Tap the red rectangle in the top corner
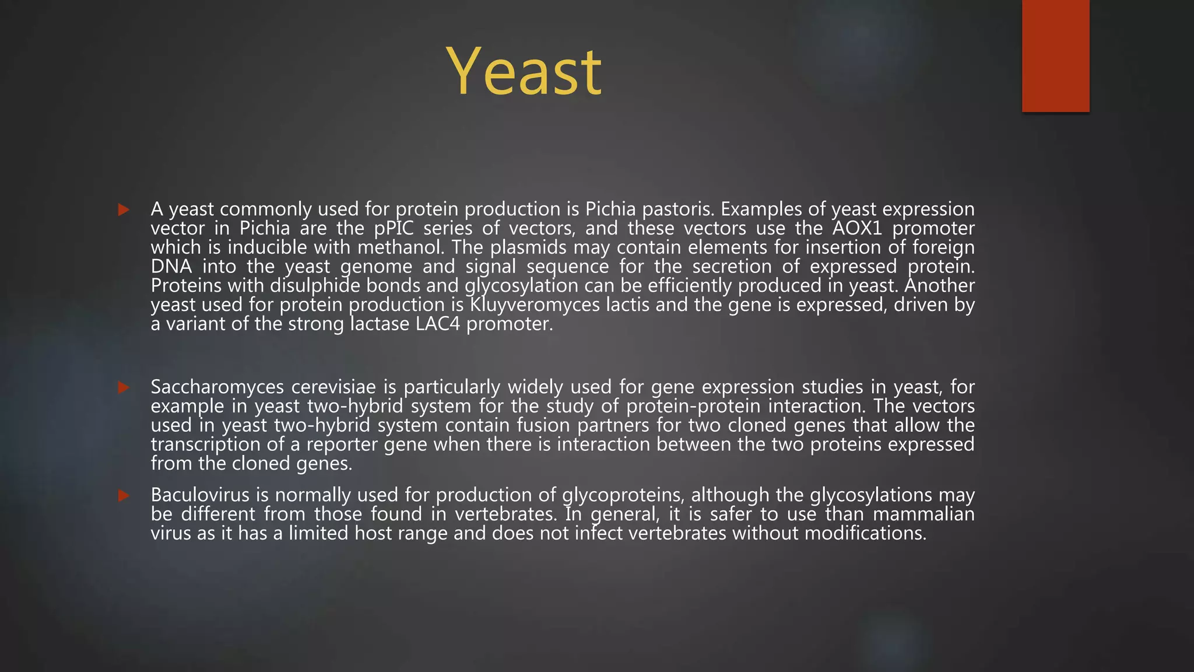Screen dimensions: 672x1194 1055,55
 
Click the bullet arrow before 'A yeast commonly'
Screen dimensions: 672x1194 124,209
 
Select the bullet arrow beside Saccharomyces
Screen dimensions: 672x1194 124,387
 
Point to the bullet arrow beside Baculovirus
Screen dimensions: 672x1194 124,495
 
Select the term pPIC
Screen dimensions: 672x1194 394,228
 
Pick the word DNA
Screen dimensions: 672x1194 171,267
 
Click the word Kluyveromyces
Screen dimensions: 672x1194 535,305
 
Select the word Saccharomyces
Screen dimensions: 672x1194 217,387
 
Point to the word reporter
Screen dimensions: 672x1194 342,444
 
